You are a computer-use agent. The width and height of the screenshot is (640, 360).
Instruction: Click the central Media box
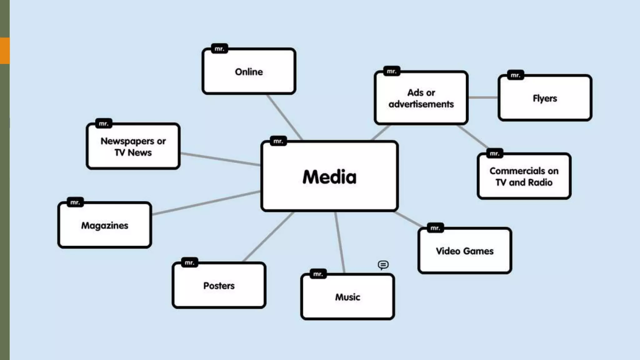coord(329,177)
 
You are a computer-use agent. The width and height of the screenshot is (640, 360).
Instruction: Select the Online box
coord(249,72)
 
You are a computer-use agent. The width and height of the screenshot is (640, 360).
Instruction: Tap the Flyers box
coord(545,98)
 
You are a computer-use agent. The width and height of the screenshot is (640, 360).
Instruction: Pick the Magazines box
coord(105,225)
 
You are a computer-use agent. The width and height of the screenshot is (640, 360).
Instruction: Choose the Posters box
coord(219,286)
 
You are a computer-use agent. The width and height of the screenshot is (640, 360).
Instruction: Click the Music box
coord(347,297)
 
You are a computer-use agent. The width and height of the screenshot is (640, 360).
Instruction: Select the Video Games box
coord(465,251)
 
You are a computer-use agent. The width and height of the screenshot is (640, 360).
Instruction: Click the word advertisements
coord(421,104)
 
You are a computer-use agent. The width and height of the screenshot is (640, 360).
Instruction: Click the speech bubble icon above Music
coord(383,265)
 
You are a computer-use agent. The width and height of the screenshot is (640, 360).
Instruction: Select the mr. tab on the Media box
coord(278,141)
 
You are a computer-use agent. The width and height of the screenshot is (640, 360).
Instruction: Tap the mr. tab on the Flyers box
coord(515,75)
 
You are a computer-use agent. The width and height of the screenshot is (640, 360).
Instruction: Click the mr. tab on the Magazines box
coord(75,202)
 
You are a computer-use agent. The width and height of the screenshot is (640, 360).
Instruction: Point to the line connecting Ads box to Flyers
coord(483,97)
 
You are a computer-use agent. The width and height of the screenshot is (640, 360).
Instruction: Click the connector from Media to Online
coord(284,117)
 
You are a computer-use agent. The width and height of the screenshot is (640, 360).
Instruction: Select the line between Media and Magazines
coord(206,202)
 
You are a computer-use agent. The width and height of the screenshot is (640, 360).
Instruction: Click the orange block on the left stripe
coord(5,51)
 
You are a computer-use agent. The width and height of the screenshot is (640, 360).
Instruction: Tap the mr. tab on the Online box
coord(219,49)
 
